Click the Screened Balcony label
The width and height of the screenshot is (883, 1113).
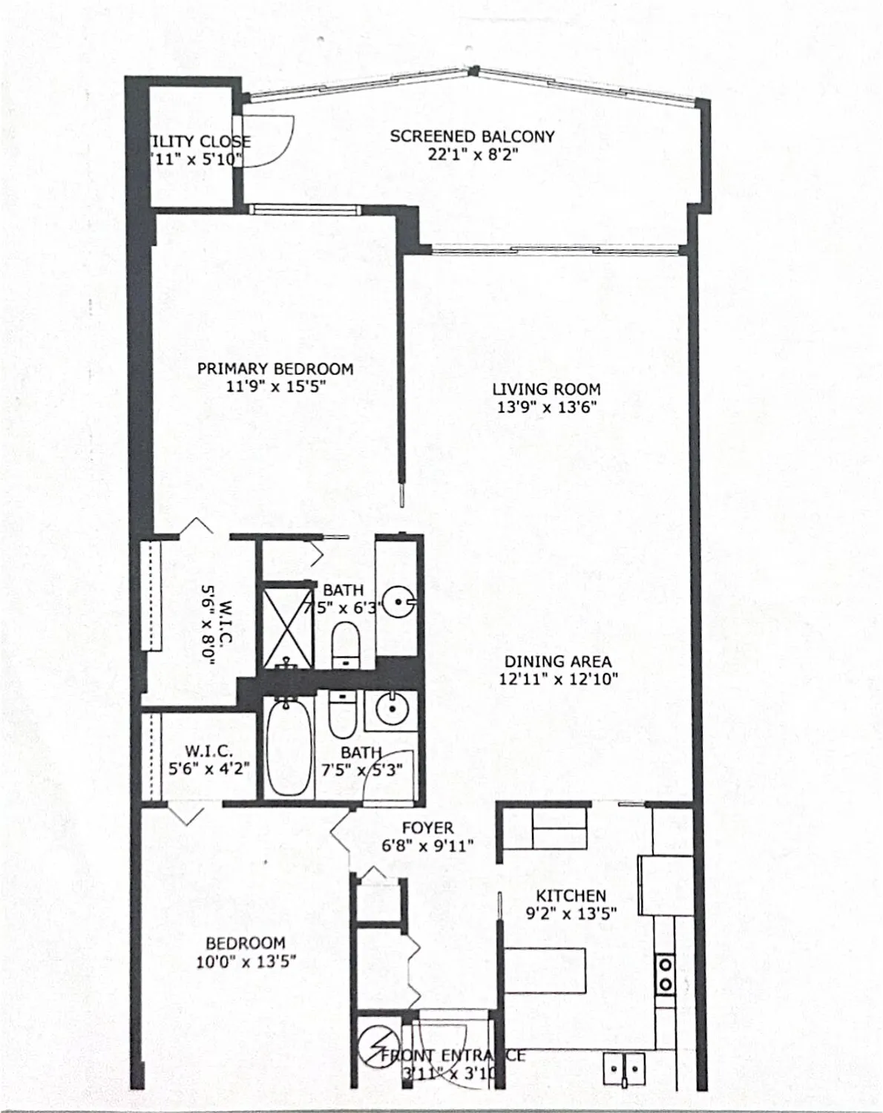pos(472,137)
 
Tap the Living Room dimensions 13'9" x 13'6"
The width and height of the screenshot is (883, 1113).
pos(547,407)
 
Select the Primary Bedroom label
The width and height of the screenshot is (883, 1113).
pos(275,369)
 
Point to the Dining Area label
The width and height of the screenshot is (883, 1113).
pos(558,661)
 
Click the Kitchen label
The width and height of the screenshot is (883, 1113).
pos(571,896)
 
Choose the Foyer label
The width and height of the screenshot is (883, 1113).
pos(427,827)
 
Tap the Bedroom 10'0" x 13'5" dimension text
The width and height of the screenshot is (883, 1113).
pos(246,962)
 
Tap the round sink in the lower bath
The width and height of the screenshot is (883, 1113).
pos(390,710)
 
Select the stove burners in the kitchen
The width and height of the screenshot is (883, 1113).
pos(666,974)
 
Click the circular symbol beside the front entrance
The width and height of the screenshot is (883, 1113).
pos(375,1045)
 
